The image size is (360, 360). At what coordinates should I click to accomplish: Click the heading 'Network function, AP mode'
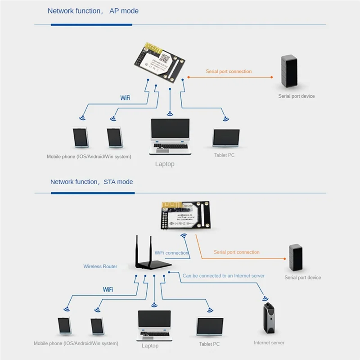(x=93, y=11)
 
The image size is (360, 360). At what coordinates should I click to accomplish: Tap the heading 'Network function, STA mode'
(x=91, y=182)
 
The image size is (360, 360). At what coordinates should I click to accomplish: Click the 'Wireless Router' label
(x=100, y=266)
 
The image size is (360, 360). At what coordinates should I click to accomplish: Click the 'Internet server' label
(x=269, y=343)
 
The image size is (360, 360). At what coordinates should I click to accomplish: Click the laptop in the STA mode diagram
(x=154, y=325)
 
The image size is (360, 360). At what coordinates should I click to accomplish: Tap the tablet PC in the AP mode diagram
(x=226, y=138)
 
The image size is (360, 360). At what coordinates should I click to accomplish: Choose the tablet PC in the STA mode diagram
(x=210, y=326)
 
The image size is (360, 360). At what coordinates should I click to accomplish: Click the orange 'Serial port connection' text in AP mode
(x=229, y=72)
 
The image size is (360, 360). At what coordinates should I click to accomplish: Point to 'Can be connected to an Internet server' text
(x=223, y=275)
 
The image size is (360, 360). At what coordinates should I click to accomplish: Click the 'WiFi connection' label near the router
(x=171, y=253)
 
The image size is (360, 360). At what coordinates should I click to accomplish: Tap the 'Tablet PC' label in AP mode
(x=224, y=155)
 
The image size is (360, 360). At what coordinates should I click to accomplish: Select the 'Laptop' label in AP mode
(x=165, y=164)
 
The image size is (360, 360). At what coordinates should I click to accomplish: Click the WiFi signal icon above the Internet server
(x=265, y=298)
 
